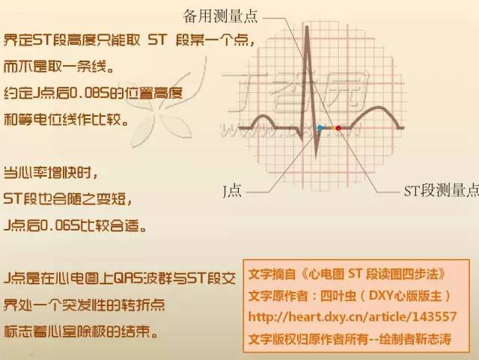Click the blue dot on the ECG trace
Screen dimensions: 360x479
(320, 128)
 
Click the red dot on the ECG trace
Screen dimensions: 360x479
(338, 128)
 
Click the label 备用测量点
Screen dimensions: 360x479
(220, 14)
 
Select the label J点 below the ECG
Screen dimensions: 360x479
(231, 192)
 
